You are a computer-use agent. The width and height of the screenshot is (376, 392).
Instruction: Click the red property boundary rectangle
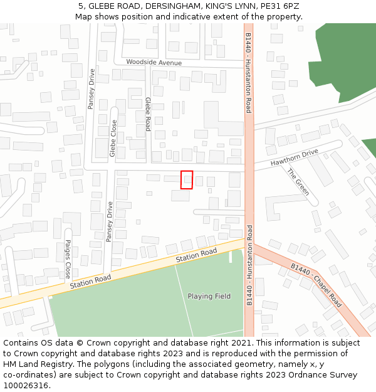tap(186, 179)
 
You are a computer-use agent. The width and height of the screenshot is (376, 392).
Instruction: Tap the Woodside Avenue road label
tap(154, 63)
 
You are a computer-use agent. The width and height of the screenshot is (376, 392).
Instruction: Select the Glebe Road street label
tap(149, 114)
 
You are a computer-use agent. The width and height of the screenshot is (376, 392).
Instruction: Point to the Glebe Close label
tap(113, 138)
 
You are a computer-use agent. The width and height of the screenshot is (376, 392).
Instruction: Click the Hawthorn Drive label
tap(295, 157)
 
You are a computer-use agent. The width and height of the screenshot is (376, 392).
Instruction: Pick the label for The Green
tap(298, 182)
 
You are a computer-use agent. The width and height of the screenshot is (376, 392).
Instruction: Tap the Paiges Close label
tap(68, 258)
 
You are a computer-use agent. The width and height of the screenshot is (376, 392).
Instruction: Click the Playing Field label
tap(209, 296)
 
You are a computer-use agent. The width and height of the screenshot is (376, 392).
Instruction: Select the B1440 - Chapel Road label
tap(316, 285)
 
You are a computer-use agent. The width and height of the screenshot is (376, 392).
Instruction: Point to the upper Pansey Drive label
tap(91, 88)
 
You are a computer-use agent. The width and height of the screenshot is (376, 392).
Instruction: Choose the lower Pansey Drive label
tap(110, 221)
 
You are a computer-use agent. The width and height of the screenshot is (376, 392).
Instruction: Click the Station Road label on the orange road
tap(196, 255)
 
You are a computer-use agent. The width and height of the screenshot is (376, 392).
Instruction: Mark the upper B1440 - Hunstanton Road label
tap(249, 73)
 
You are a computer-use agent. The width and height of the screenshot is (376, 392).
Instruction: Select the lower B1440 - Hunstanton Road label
tap(249, 265)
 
